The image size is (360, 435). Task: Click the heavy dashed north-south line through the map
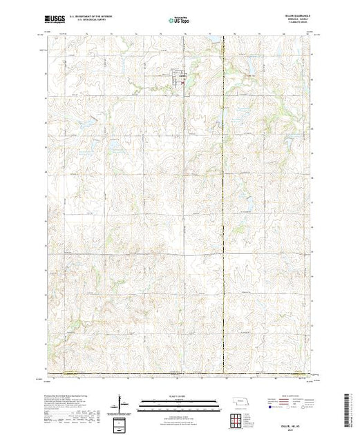pos(223,207)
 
